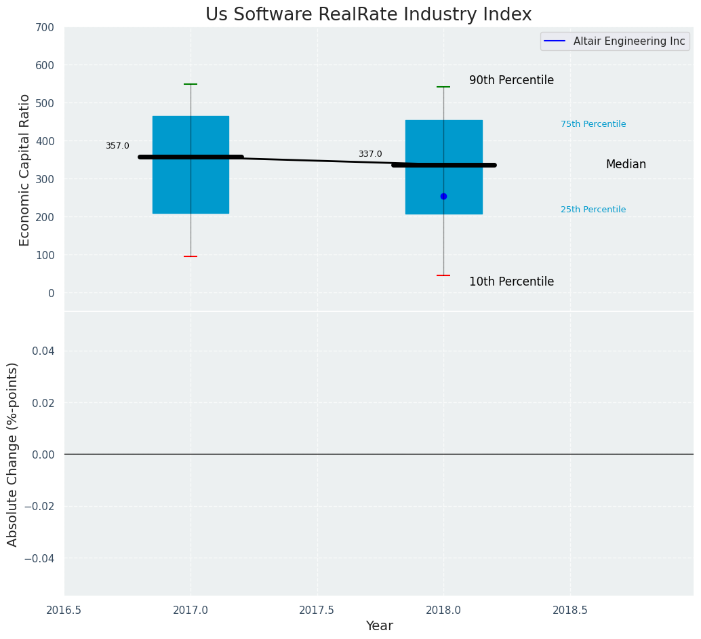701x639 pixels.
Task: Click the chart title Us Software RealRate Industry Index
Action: [368, 15]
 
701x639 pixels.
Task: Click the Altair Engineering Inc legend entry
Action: [628, 41]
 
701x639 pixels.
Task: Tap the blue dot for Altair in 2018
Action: [443, 196]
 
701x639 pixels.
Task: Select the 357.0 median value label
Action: [117, 146]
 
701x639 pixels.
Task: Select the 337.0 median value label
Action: [370, 154]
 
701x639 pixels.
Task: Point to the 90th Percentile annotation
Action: [511, 80]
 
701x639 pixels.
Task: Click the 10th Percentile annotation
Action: [511, 282]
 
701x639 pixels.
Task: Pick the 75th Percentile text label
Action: [593, 124]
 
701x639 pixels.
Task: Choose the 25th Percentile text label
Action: [593, 210]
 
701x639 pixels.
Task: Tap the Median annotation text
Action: [626, 164]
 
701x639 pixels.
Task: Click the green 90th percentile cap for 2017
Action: [191, 84]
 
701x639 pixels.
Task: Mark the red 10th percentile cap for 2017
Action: [191, 256]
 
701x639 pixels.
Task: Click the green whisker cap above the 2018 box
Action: [443, 87]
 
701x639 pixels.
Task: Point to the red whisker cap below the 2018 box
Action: [443, 275]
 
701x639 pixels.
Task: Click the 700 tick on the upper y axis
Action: [45, 28]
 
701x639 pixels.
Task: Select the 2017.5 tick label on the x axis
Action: [317, 611]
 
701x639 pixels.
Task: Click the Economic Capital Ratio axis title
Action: [25, 170]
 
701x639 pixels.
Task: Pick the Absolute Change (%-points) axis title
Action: [13, 454]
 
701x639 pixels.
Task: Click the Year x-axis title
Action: [379, 626]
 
